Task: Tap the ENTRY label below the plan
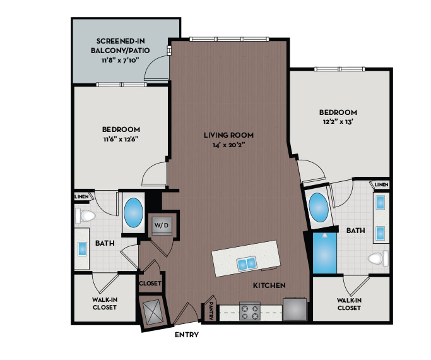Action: [186, 335]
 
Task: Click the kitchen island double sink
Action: [247, 262]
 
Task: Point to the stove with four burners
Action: [251, 311]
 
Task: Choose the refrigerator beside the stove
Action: [295, 309]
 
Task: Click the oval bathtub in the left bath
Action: [134, 213]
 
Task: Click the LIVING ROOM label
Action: [228, 135]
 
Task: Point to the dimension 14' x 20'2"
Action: [228, 145]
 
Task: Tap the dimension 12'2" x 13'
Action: [339, 123]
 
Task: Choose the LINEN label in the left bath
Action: [81, 196]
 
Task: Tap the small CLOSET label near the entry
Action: [150, 284]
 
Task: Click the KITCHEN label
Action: [269, 285]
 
